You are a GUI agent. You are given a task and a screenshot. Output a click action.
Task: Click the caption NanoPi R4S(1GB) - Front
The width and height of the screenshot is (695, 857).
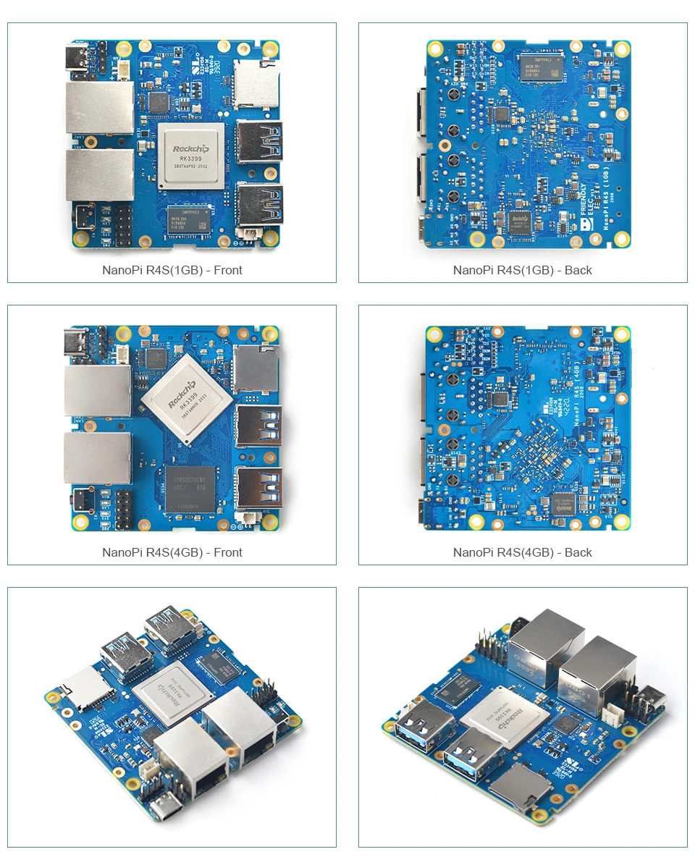pyautogui.click(x=172, y=270)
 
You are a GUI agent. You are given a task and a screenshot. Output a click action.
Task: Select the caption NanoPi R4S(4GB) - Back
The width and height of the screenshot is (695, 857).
pyautogui.click(x=522, y=552)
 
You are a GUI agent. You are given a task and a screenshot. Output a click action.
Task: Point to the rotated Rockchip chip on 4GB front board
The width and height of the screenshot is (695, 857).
pyautogui.click(x=188, y=400)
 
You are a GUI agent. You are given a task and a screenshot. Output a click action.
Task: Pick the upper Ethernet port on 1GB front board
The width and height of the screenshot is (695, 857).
pyautogui.click(x=99, y=107)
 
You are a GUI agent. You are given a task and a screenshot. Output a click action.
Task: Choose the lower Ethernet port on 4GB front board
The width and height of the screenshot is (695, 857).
pyautogui.click(x=97, y=458)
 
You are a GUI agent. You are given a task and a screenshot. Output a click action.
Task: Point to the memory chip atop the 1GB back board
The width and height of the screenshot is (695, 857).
pyautogui.click(x=537, y=64)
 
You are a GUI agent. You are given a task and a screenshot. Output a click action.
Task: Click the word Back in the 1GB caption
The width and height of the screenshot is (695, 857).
pyautogui.click(x=578, y=270)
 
